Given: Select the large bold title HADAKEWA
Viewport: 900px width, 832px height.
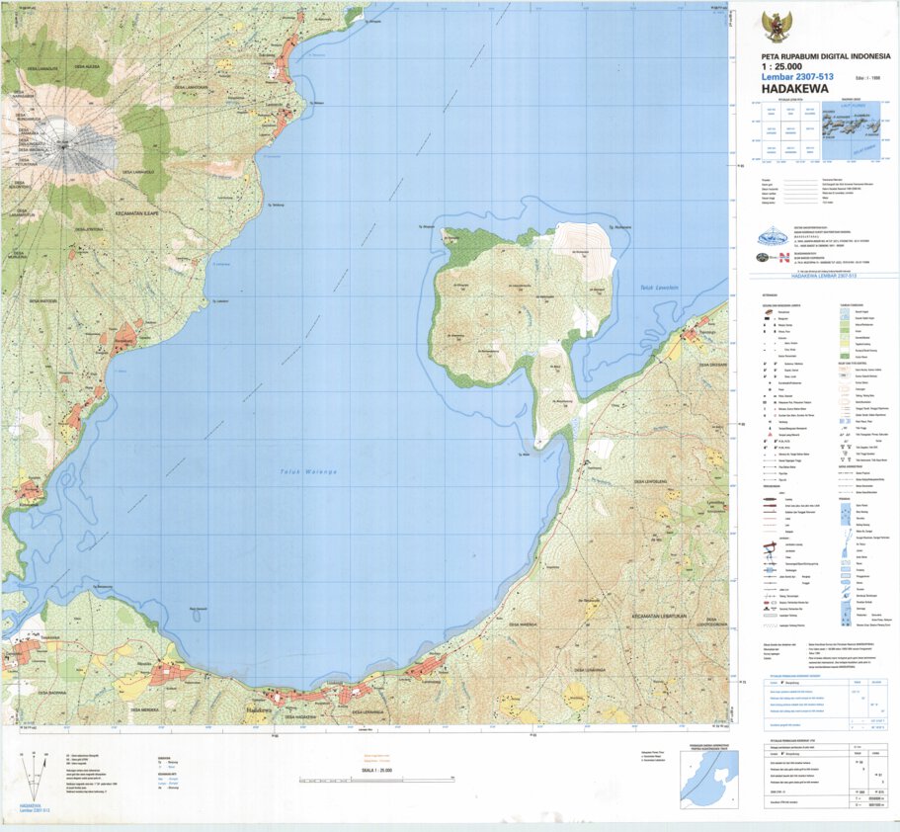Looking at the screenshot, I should point(795,85).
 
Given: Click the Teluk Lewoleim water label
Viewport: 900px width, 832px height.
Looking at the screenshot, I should point(652,288).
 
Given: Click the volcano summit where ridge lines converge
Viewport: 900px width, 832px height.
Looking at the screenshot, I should point(63,144).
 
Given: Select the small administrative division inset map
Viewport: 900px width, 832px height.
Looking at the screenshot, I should point(708,779).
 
